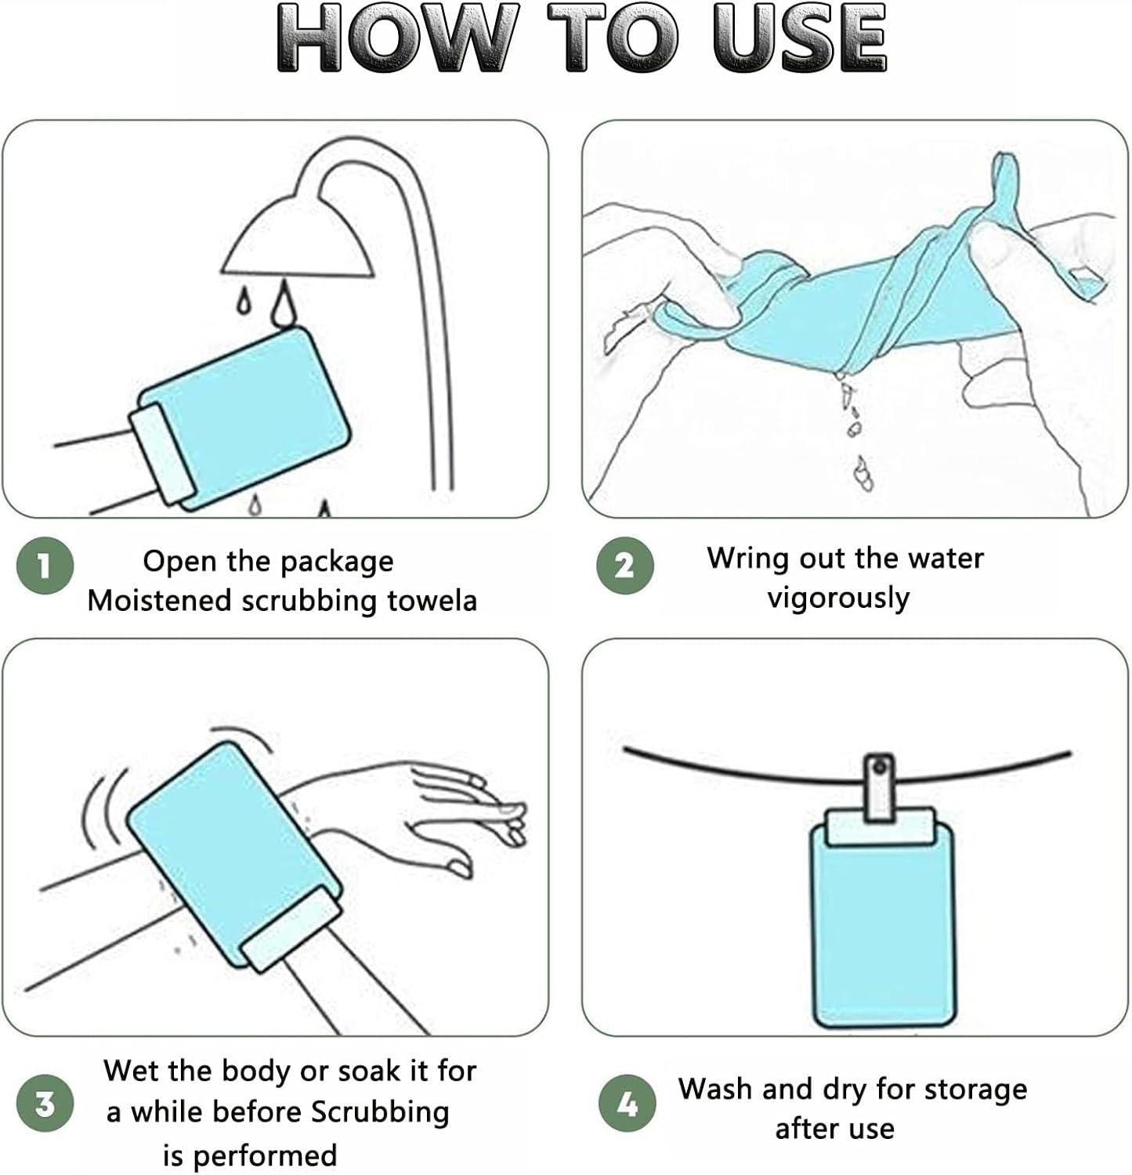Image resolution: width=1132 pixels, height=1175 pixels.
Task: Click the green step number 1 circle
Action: click(x=45, y=565)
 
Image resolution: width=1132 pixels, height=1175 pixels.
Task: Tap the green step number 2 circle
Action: click(x=624, y=565)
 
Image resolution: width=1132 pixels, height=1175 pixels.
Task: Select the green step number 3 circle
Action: click(x=45, y=1103)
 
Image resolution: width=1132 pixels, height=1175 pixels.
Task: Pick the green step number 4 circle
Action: click(x=627, y=1103)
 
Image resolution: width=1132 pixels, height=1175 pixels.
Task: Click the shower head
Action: click(x=298, y=235)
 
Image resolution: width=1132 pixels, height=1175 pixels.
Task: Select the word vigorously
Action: click(x=838, y=599)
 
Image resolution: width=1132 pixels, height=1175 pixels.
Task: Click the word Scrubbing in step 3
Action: click(x=381, y=1113)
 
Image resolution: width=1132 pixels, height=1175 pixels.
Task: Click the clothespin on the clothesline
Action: click(x=879, y=788)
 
